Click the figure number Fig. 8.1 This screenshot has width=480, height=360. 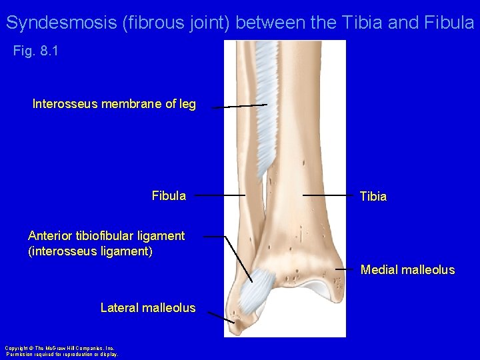tap(36, 51)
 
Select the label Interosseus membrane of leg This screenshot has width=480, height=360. tap(114, 104)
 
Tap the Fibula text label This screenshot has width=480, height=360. tap(169, 196)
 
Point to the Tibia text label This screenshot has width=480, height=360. tap(373, 197)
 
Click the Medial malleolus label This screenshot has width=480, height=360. tap(407, 270)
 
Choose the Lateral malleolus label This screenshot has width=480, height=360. tap(147, 308)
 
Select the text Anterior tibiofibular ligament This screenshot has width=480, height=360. tap(106, 235)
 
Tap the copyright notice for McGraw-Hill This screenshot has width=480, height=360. tap(61, 351)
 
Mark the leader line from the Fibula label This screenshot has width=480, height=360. tap(220, 195)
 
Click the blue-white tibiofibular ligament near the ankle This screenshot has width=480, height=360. tap(254, 291)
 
